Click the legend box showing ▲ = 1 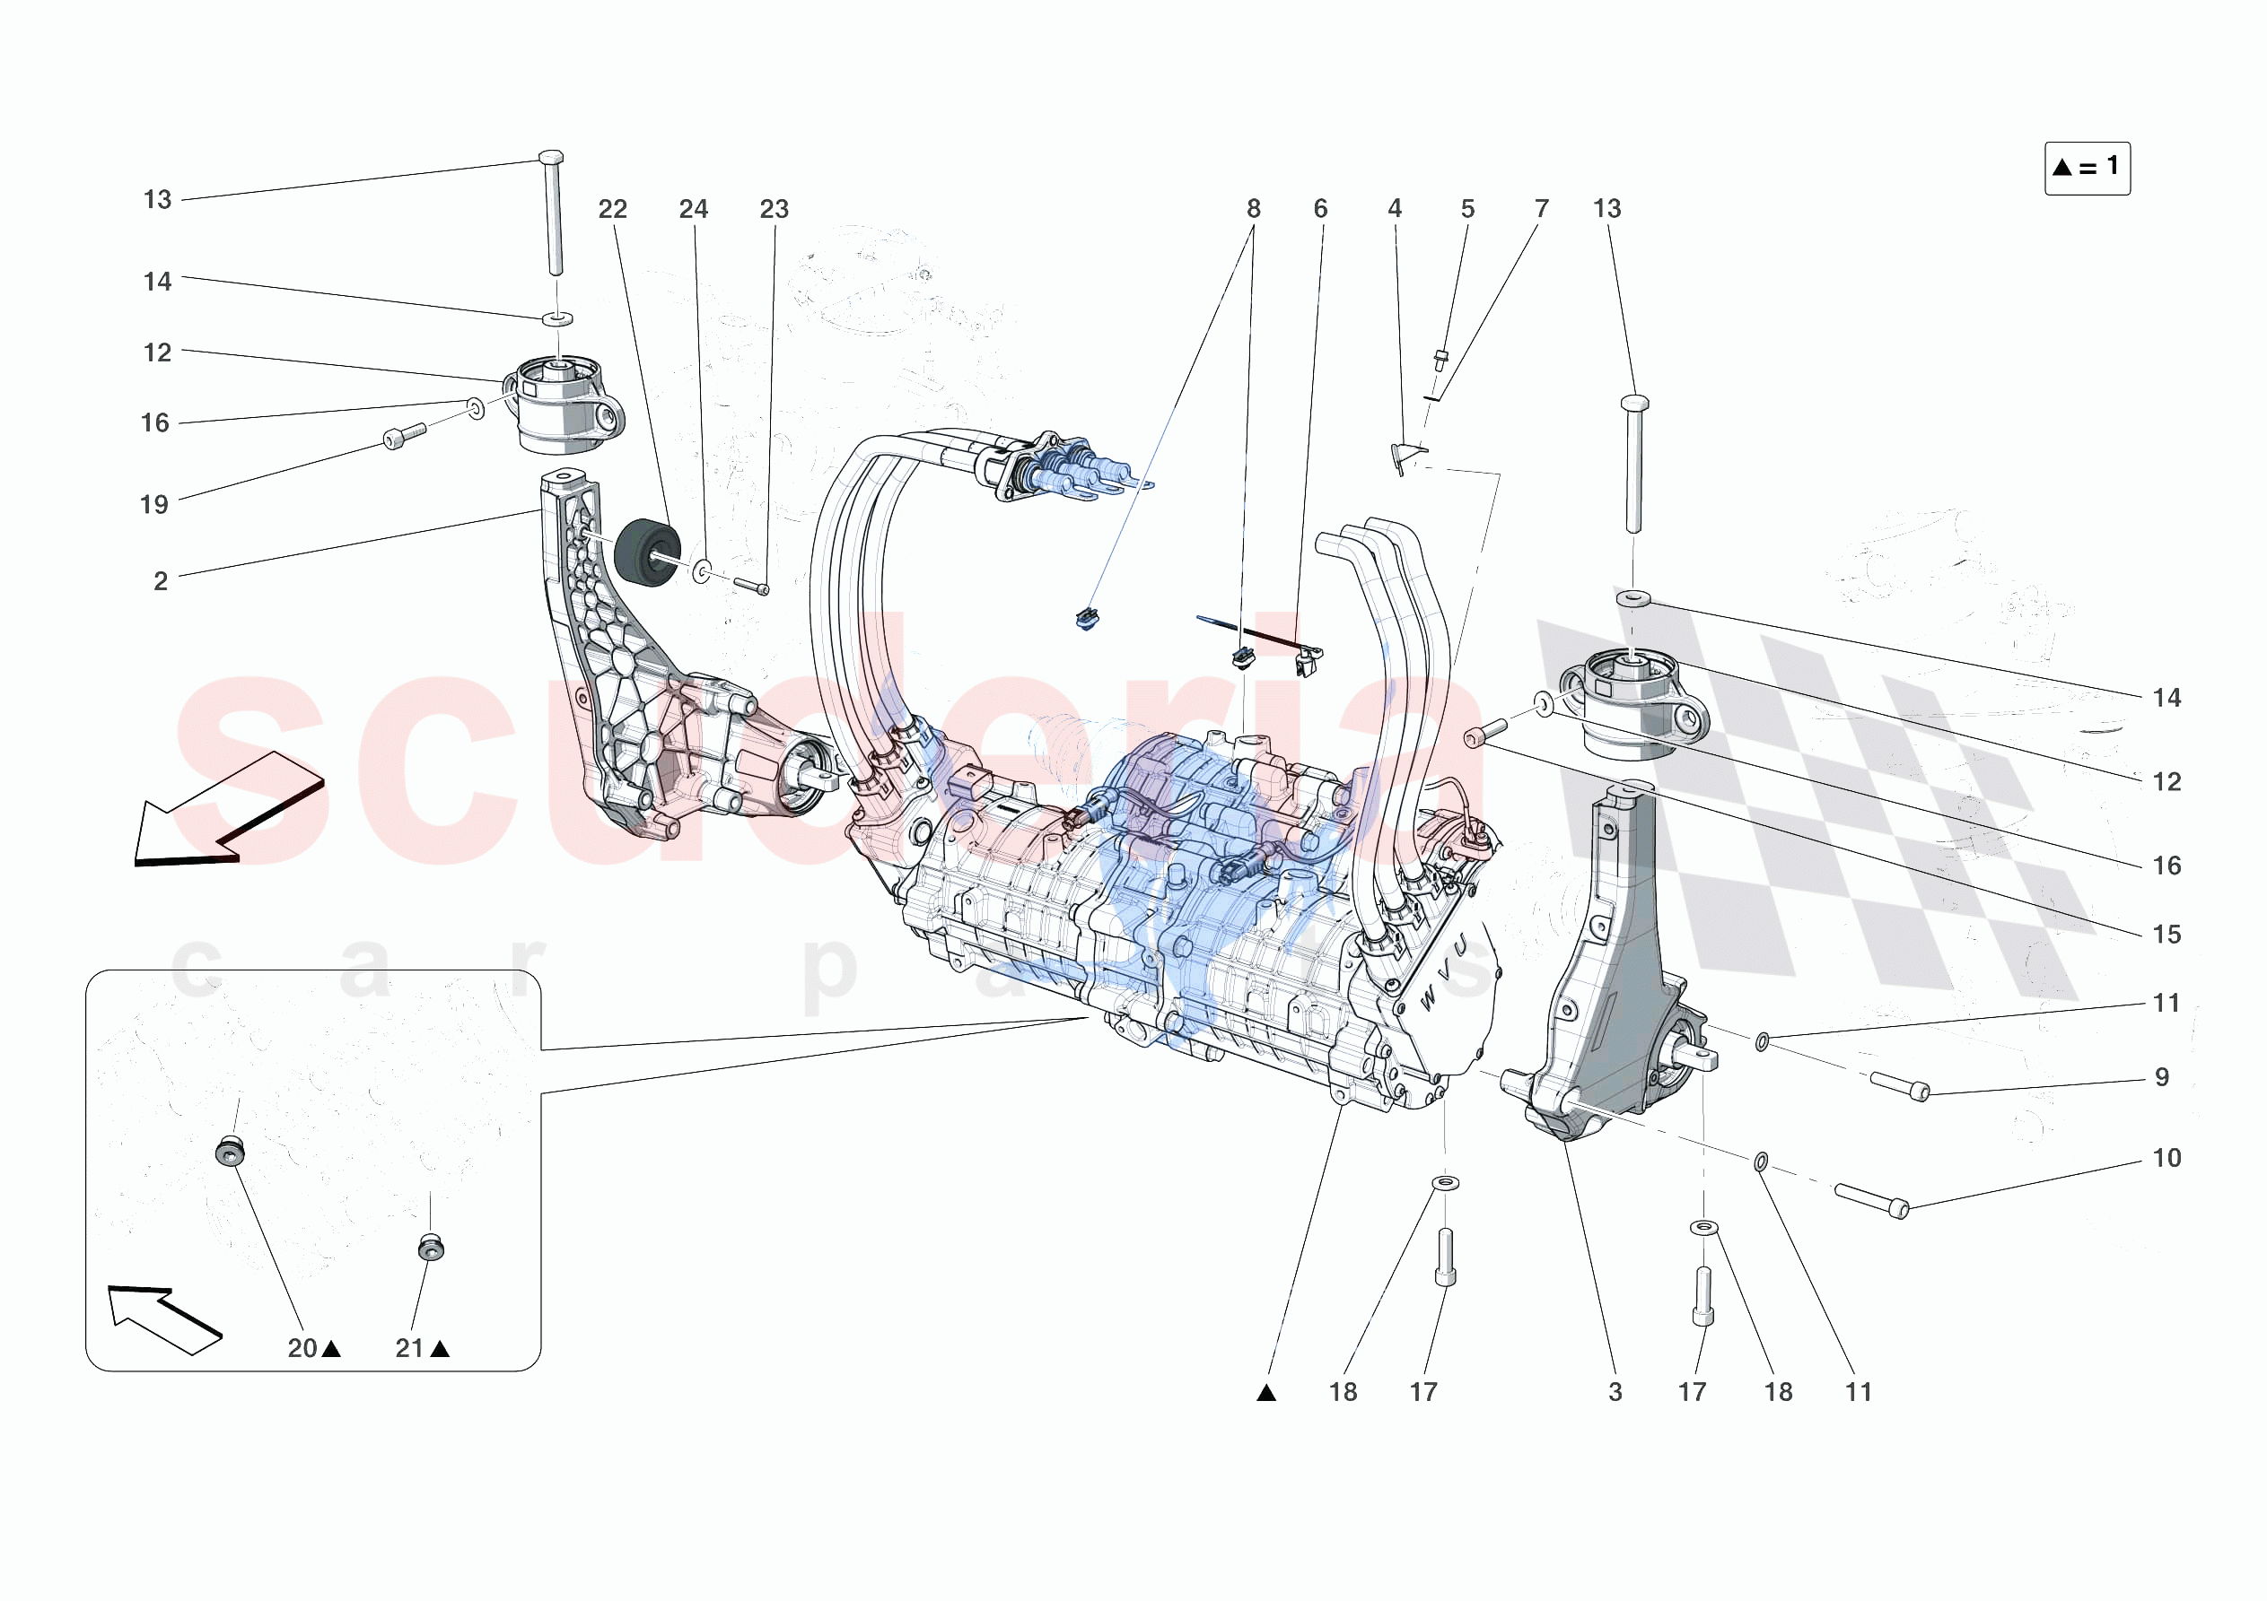point(2087,168)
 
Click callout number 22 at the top point(612,209)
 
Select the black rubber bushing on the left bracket point(647,553)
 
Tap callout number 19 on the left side point(154,505)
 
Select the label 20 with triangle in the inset point(313,1348)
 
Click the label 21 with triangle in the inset point(422,1348)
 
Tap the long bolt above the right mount point(1634,462)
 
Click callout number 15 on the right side point(2166,935)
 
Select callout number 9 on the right point(2162,1077)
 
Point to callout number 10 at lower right point(2166,1158)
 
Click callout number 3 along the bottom point(1615,1392)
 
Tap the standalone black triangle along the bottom point(1267,1394)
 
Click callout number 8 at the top point(1253,209)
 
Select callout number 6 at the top point(1320,209)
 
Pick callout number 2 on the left point(160,581)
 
